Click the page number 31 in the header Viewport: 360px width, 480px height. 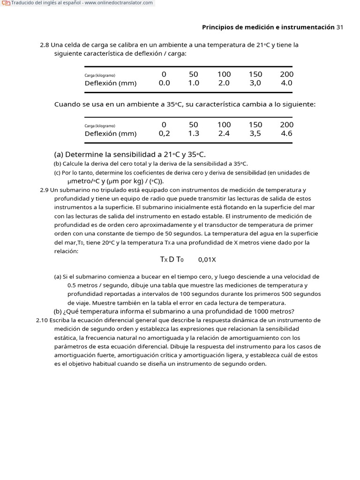pyautogui.click(x=340, y=27)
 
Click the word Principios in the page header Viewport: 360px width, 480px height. pyautogui.click(x=219, y=27)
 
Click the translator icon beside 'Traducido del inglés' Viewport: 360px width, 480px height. pyautogui.click(x=6, y=3)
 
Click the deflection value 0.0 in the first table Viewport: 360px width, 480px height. pyautogui.click(x=164, y=83)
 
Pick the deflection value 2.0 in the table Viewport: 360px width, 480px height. pyautogui.click(x=224, y=83)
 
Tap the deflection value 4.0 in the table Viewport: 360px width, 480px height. pyautogui.click(x=286, y=83)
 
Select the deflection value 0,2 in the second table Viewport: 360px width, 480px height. pyautogui.click(x=164, y=134)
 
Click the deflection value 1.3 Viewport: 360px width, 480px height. pyautogui.click(x=194, y=134)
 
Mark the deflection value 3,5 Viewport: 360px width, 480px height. pyautogui.click(x=255, y=134)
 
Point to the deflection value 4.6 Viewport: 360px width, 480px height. pyautogui.click(x=286, y=134)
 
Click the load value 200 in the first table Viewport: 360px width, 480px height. pyautogui.click(x=286, y=74)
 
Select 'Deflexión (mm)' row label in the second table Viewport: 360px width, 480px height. pyautogui.click(x=111, y=134)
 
